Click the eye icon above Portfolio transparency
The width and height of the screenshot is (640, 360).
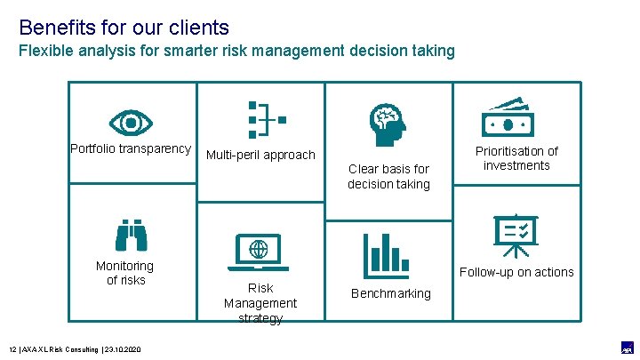131,120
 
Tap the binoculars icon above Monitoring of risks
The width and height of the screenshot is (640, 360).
131,235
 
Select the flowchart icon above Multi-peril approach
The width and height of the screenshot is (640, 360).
264,119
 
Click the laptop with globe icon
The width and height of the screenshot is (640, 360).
259,252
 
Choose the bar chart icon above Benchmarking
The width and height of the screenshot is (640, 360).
386,255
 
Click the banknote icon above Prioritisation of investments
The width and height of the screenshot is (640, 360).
516,116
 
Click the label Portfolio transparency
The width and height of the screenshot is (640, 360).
131,148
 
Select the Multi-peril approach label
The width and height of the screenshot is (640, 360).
260,155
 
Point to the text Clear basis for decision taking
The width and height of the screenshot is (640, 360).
388,176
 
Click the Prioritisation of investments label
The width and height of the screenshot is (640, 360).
516,158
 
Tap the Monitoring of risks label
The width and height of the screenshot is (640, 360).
125,273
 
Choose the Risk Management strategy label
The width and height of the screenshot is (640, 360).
260,303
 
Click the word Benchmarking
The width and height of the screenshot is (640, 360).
391,293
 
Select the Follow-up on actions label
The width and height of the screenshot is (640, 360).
516,272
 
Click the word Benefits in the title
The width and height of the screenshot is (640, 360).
53,28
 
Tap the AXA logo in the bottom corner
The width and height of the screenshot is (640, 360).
627,348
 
